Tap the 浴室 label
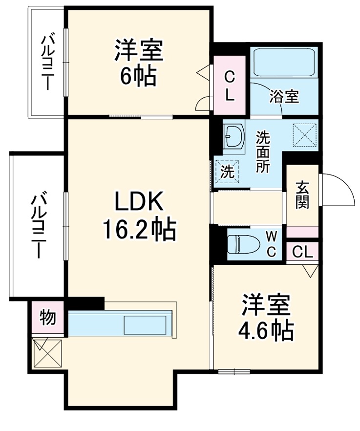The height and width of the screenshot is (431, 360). coord(284,96)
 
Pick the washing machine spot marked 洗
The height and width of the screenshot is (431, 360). coord(227,172)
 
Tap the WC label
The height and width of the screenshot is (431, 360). coord(272,243)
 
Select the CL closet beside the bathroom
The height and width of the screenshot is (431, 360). coord(230,86)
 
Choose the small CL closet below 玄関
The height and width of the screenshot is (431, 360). coord(302,252)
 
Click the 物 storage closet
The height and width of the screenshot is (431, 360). coord(48,318)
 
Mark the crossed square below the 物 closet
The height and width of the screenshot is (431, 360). coord(48,353)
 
